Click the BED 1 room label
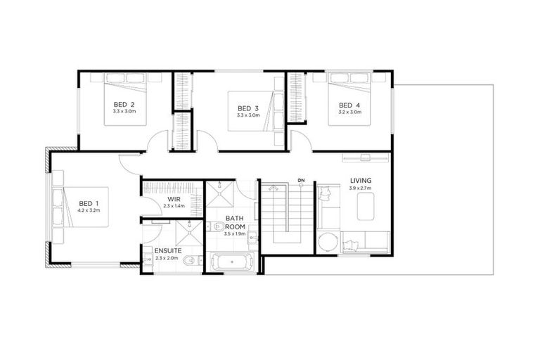90,205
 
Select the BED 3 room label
247,108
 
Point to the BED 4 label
349,105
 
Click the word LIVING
361,181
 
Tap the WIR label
173,200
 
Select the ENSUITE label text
168,250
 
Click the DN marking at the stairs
301,181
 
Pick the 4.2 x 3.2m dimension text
90,212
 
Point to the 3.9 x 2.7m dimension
361,188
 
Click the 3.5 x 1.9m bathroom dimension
236,233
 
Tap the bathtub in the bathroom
233,264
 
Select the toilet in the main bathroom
217,226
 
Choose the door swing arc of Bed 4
300,139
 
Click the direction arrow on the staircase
274,188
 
